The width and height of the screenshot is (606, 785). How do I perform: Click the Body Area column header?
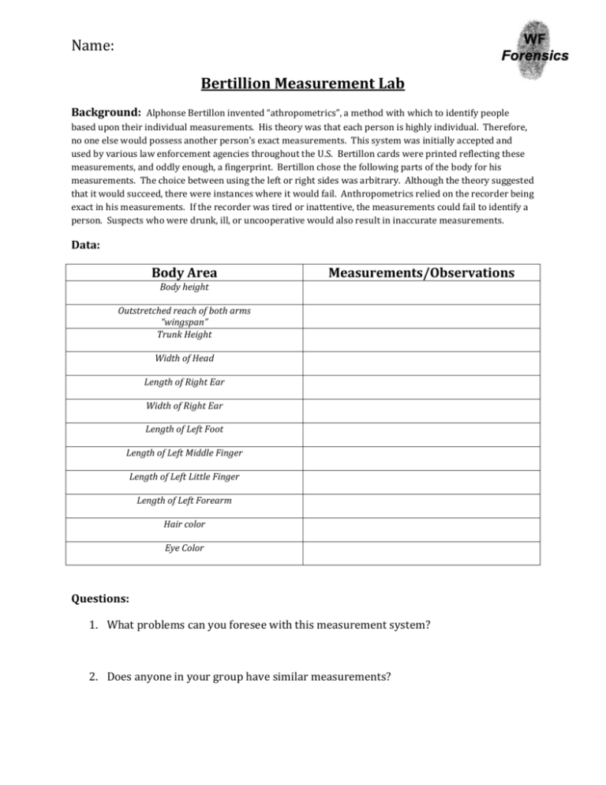click(184, 273)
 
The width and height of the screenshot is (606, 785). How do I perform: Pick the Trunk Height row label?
click(184, 334)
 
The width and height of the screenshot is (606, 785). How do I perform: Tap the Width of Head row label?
click(184, 358)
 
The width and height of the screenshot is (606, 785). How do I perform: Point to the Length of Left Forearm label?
click(184, 500)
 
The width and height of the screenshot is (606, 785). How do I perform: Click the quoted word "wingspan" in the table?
click(184, 323)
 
